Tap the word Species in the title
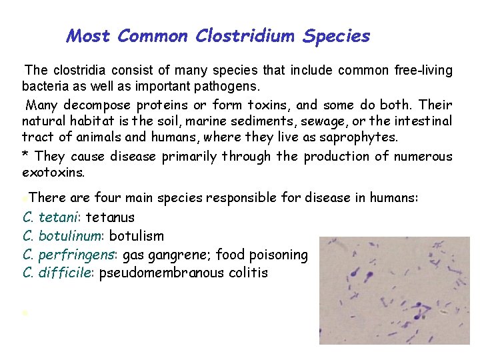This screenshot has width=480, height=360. (336, 36)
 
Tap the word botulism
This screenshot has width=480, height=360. (136, 236)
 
